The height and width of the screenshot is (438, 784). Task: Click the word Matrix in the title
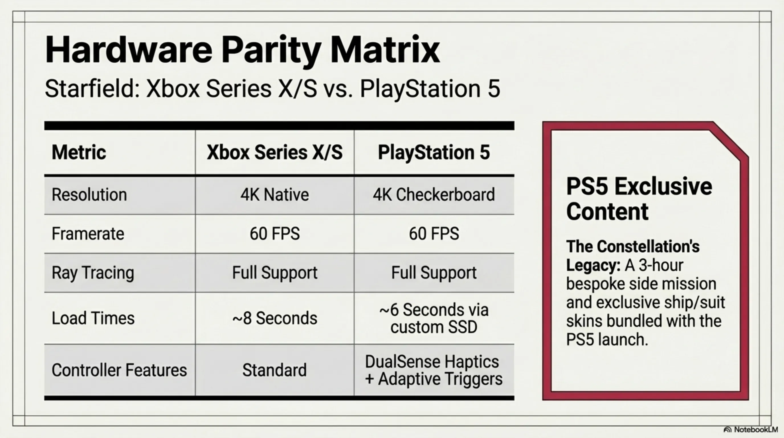[385, 50]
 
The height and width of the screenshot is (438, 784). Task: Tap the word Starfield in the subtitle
[91, 89]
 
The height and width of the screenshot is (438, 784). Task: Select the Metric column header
[79, 152]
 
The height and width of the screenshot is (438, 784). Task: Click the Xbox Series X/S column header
[275, 152]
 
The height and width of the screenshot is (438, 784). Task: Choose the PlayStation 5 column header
[434, 152]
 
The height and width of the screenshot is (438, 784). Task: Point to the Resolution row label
[89, 195]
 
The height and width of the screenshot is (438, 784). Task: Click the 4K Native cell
[275, 195]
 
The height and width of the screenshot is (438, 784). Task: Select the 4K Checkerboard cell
[434, 195]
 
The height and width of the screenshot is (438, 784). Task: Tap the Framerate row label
[88, 234]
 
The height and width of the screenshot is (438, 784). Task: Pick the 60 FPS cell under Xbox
[275, 234]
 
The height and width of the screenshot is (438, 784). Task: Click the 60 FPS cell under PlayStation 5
[434, 234]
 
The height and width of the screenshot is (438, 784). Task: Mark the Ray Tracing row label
[93, 273]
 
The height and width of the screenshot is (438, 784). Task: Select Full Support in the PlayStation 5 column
[434, 273]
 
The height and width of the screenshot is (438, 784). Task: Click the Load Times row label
[93, 318]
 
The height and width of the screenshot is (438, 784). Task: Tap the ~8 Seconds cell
[275, 318]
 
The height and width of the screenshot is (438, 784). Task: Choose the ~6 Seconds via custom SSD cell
[434, 318]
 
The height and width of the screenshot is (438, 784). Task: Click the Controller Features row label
[119, 370]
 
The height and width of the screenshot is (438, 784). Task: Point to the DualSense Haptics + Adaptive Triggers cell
[434, 370]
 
